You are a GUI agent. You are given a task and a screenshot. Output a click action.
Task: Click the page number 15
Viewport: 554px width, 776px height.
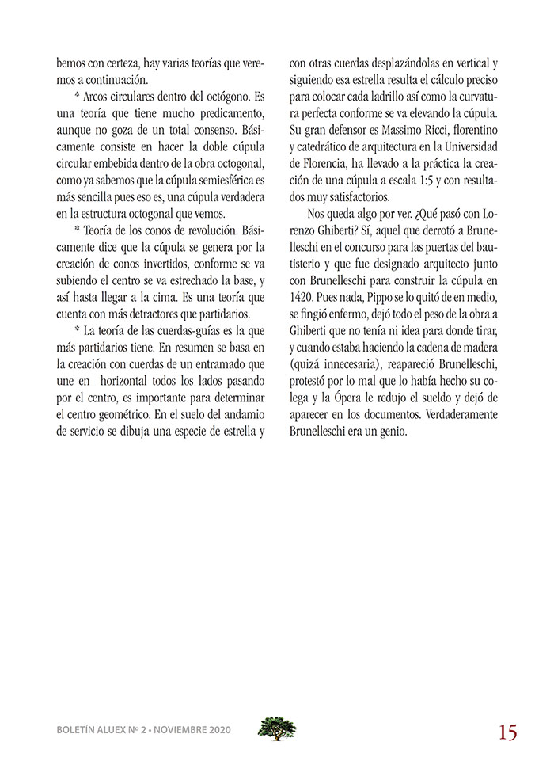click(507, 732)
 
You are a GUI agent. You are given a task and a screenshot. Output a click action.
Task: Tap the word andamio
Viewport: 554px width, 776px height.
click(244, 415)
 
